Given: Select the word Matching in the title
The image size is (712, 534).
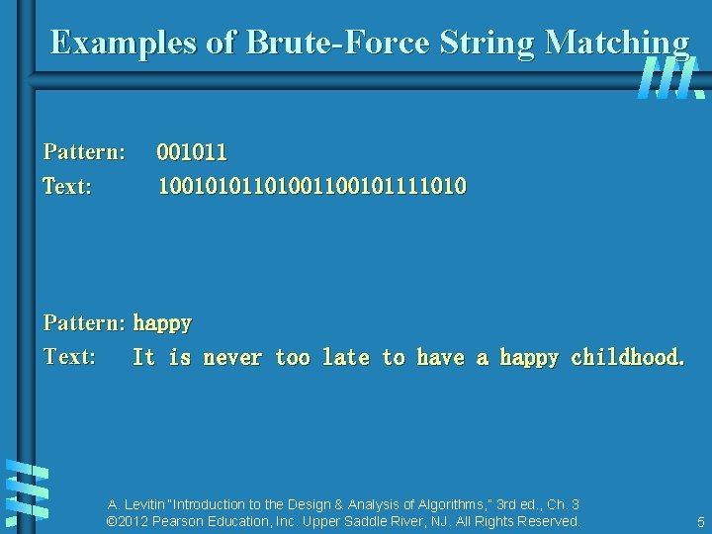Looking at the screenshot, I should tap(616, 43).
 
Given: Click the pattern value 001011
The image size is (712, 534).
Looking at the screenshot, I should tap(192, 152).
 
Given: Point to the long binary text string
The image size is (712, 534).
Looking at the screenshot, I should tap(312, 186).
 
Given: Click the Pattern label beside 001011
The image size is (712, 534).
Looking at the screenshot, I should tap(84, 152).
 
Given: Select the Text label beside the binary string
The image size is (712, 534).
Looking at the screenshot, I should tap(67, 186).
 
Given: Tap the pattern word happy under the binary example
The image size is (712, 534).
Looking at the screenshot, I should tap(162, 322).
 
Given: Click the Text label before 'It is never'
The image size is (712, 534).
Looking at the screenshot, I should tap(69, 357).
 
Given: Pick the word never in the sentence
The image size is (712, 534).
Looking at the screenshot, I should tap(232, 357).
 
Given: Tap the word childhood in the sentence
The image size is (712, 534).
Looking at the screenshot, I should tap(627, 357).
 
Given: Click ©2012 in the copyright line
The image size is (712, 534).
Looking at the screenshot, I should tap(127, 521).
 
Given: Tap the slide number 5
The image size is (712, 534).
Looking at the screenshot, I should tap(700, 522).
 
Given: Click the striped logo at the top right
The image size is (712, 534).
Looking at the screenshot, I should tap(669, 78).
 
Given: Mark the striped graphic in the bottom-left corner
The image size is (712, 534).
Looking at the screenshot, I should tap(27, 489).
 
